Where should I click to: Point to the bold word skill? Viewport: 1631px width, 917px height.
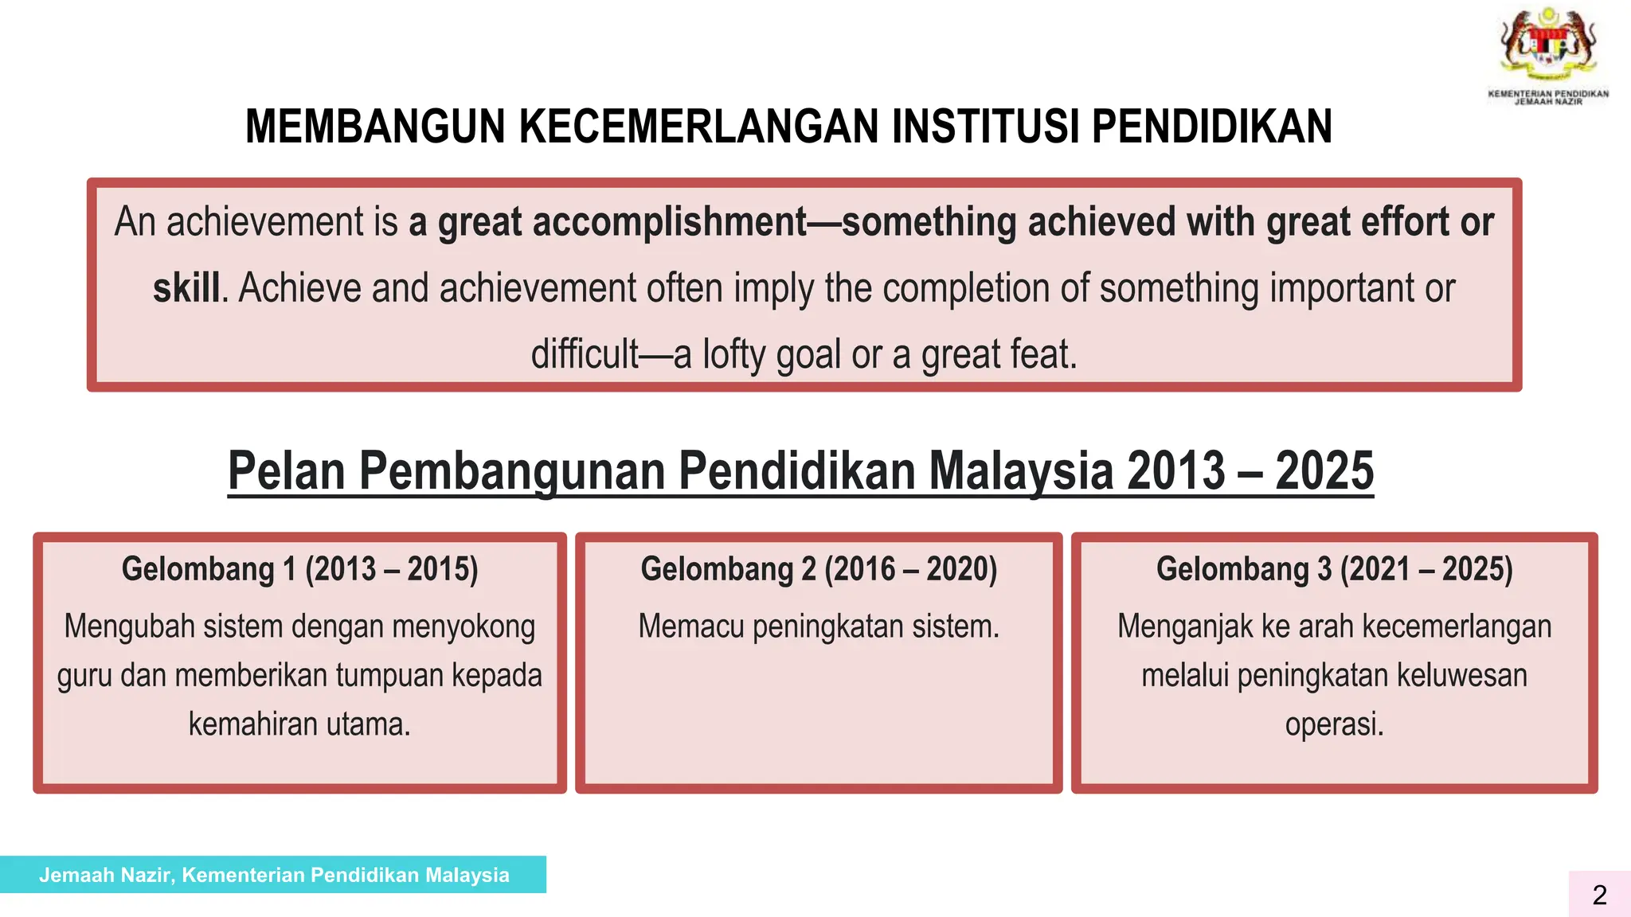(x=186, y=288)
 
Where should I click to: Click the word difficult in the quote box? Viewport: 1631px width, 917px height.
(x=585, y=354)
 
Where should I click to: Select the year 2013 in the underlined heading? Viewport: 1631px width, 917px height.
(x=1175, y=471)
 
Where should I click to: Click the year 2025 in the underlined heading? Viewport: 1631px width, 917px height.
(x=1324, y=471)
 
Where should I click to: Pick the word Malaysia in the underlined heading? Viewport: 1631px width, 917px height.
(x=1021, y=471)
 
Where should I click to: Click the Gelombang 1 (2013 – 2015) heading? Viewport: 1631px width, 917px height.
(x=299, y=570)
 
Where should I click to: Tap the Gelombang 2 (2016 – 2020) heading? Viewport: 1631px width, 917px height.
(x=819, y=570)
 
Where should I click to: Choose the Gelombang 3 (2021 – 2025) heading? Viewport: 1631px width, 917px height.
(x=1334, y=570)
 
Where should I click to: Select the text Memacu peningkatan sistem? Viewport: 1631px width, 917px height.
(x=819, y=627)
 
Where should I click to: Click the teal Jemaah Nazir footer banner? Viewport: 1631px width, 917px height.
(x=273, y=875)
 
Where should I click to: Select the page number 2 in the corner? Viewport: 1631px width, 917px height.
(x=1599, y=896)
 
